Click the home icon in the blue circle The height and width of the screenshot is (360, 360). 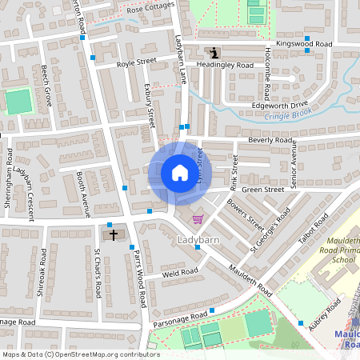180,173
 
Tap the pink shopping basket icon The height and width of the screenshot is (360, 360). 198,219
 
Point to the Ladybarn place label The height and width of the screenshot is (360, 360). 197,239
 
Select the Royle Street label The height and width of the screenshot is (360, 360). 136,62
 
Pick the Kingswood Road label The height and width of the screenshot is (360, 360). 303,42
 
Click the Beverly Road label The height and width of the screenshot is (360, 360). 271,140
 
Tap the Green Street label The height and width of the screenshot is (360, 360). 263,190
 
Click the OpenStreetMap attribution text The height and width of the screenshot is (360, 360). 80,354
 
